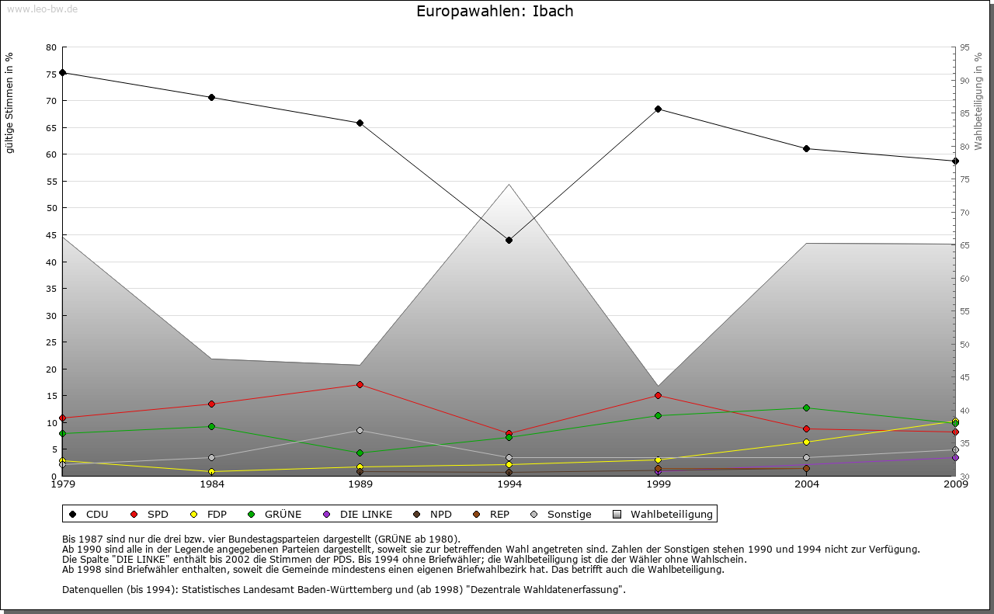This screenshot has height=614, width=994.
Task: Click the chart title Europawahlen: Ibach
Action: [495, 12]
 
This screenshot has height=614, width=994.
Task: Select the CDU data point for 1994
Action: [509, 240]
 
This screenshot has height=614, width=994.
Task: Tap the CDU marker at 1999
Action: [658, 109]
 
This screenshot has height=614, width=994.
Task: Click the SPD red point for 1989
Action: [360, 384]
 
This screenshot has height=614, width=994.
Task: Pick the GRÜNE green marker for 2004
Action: [807, 408]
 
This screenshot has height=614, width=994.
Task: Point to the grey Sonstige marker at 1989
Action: [360, 430]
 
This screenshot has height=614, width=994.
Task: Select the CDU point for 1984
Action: [211, 97]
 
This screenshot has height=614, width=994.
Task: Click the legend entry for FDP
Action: [207, 514]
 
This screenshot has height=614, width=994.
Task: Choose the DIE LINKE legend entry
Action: [358, 514]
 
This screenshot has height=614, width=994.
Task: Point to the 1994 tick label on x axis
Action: [509, 485]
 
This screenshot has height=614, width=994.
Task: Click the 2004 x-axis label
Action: [807, 485]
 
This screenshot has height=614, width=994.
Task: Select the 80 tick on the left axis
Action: [51, 47]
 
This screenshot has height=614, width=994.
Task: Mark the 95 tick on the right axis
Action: [964, 47]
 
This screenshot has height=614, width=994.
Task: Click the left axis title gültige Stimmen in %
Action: [10, 103]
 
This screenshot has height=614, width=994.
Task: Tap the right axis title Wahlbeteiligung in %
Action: [978, 102]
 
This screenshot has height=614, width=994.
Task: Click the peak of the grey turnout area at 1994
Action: [509, 185]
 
